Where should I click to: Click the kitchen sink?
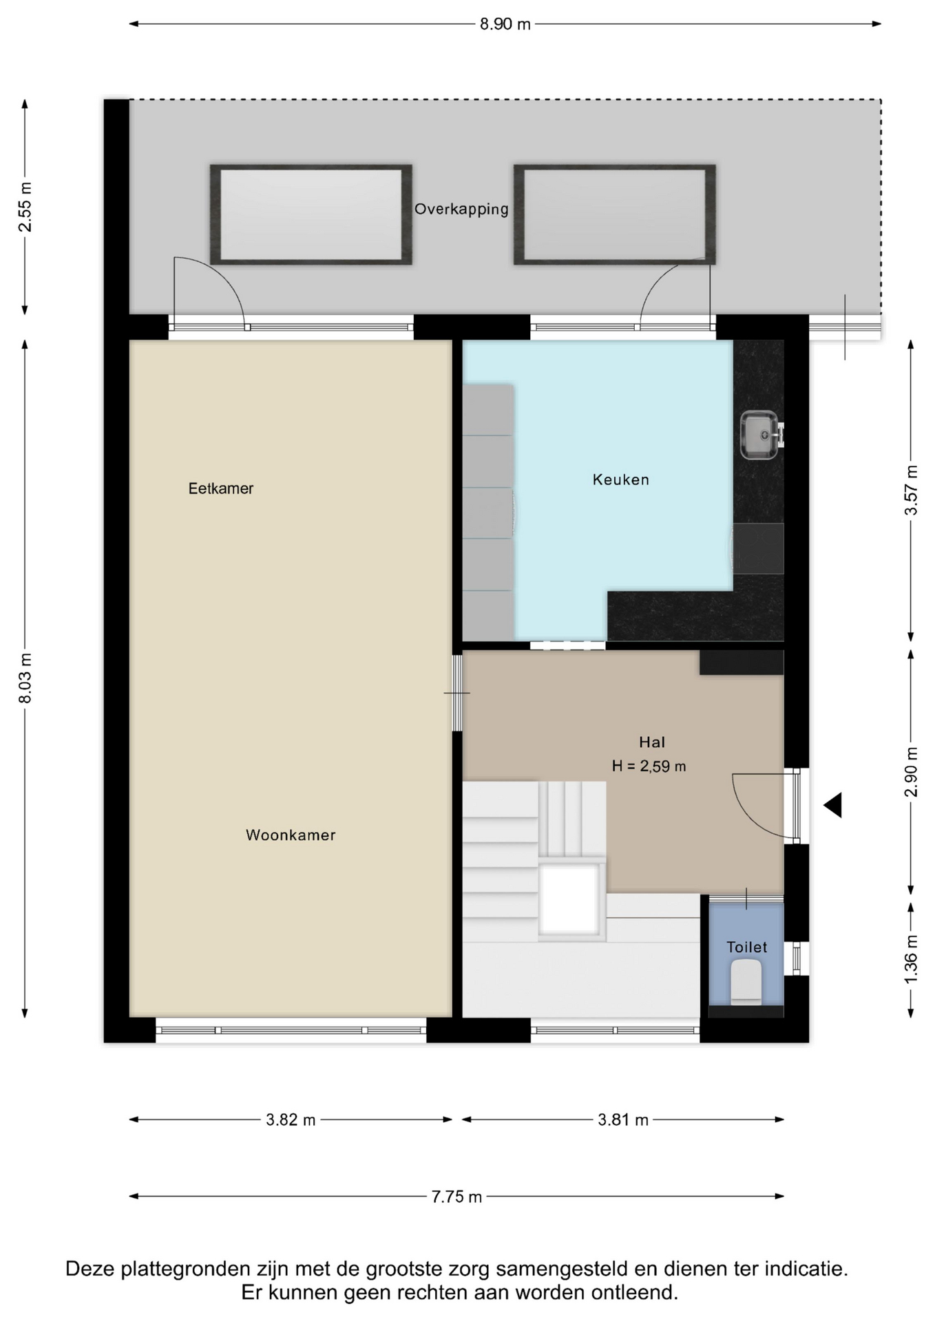[x=759, y=434]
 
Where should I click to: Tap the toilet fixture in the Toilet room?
[x=746, y=982]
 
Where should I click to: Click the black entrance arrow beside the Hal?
[x=833, y=805]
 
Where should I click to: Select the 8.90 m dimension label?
[x=505, y=24]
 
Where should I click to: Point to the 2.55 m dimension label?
[x=25, y=207]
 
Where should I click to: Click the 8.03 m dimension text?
[x=25, y=678]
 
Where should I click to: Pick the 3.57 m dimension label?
[x=911, y=490]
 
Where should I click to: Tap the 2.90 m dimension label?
[x=911, y=771]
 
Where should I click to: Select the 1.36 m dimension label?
[x=911, y=958]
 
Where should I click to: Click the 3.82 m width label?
[x=291, y=1119]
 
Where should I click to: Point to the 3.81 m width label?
[x=623, y=1119]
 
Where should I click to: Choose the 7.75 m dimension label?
[x=456, y=1196]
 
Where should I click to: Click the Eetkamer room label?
[x=221, y=488]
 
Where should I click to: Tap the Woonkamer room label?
[x=291, y=835]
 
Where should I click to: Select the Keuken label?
[x=621, y=480]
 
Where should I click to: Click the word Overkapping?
[x=461, y=209]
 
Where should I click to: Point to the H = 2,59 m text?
[x=649, y=766]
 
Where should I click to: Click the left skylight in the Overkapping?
[x=311, y=215]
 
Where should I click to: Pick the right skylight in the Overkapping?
[x=615, y=215]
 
